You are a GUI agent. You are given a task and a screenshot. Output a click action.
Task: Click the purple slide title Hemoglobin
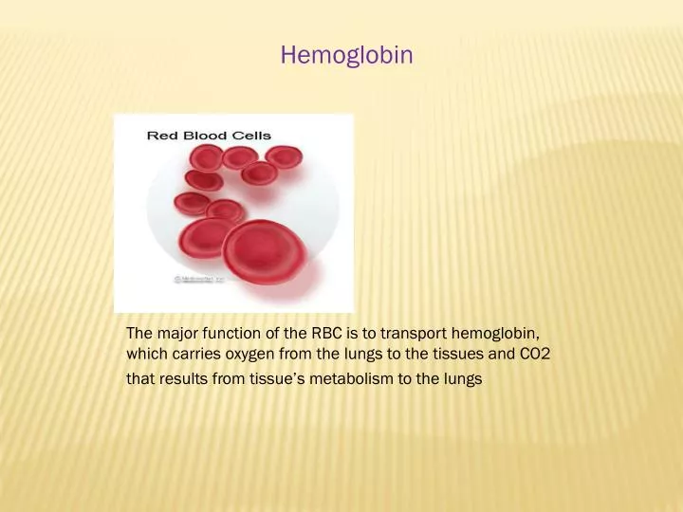point(346,55)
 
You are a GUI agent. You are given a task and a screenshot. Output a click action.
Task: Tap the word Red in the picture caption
point(160,136)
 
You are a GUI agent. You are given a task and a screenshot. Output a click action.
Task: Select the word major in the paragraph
point(177,333)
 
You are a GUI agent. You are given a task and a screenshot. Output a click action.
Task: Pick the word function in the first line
point(229,333)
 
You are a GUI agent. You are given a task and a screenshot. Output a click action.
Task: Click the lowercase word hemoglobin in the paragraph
point(495,333)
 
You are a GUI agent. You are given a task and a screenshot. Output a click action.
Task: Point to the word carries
point(196,355)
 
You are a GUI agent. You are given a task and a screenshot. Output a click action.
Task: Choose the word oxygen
point(250,355)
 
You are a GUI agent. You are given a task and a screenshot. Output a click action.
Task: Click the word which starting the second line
point(145,355)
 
